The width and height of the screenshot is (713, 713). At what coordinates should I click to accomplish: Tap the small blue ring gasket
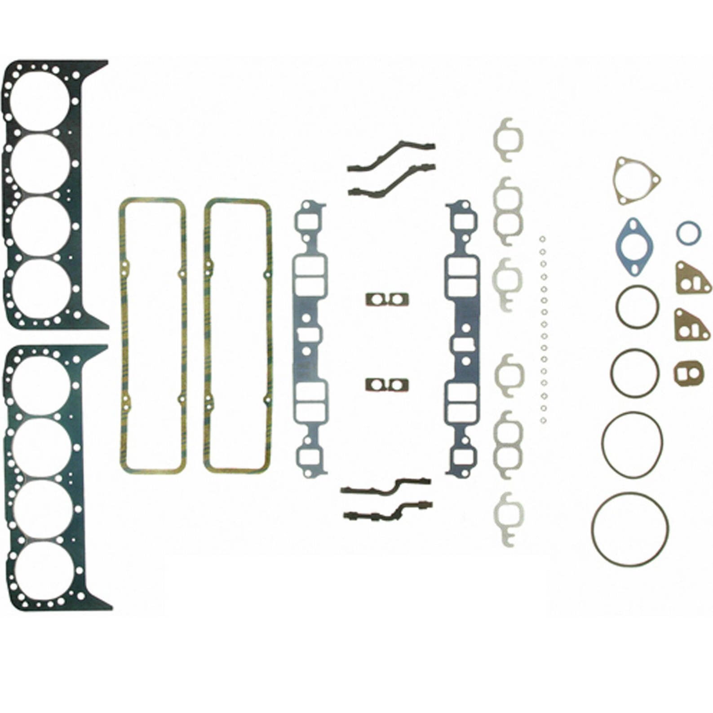click(688, 233)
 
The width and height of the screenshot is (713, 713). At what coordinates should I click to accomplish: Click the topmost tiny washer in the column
click(542, 239)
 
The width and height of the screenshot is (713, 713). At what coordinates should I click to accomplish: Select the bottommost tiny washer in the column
click(543, 421)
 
